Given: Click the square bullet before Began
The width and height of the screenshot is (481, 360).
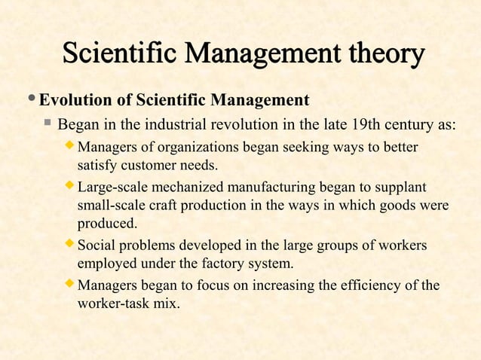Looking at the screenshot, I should [48, 123].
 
